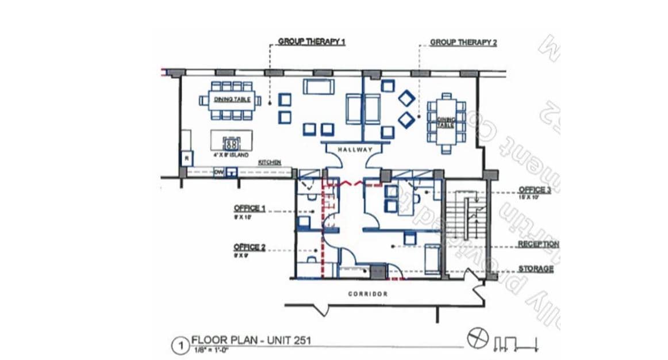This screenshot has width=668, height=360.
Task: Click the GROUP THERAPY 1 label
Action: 312,42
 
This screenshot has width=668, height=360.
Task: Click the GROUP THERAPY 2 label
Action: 463,43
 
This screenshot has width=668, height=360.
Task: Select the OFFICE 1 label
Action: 249,208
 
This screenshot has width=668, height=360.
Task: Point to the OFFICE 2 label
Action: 249,247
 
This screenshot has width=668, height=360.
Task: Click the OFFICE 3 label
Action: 535,190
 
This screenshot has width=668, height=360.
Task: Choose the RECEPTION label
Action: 538,244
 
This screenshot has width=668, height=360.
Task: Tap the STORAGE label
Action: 536,269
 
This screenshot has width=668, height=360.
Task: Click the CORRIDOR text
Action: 368,294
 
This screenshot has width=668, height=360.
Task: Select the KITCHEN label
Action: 269,163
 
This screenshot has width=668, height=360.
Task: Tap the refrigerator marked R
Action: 187,158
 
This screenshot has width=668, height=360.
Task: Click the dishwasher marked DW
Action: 218,171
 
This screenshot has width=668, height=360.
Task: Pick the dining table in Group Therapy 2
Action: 447,122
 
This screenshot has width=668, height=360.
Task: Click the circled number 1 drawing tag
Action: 181,347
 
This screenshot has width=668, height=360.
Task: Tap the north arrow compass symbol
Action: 477,339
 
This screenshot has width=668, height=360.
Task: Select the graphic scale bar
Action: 515,343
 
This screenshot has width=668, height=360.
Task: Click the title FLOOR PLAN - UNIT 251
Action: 251,340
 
